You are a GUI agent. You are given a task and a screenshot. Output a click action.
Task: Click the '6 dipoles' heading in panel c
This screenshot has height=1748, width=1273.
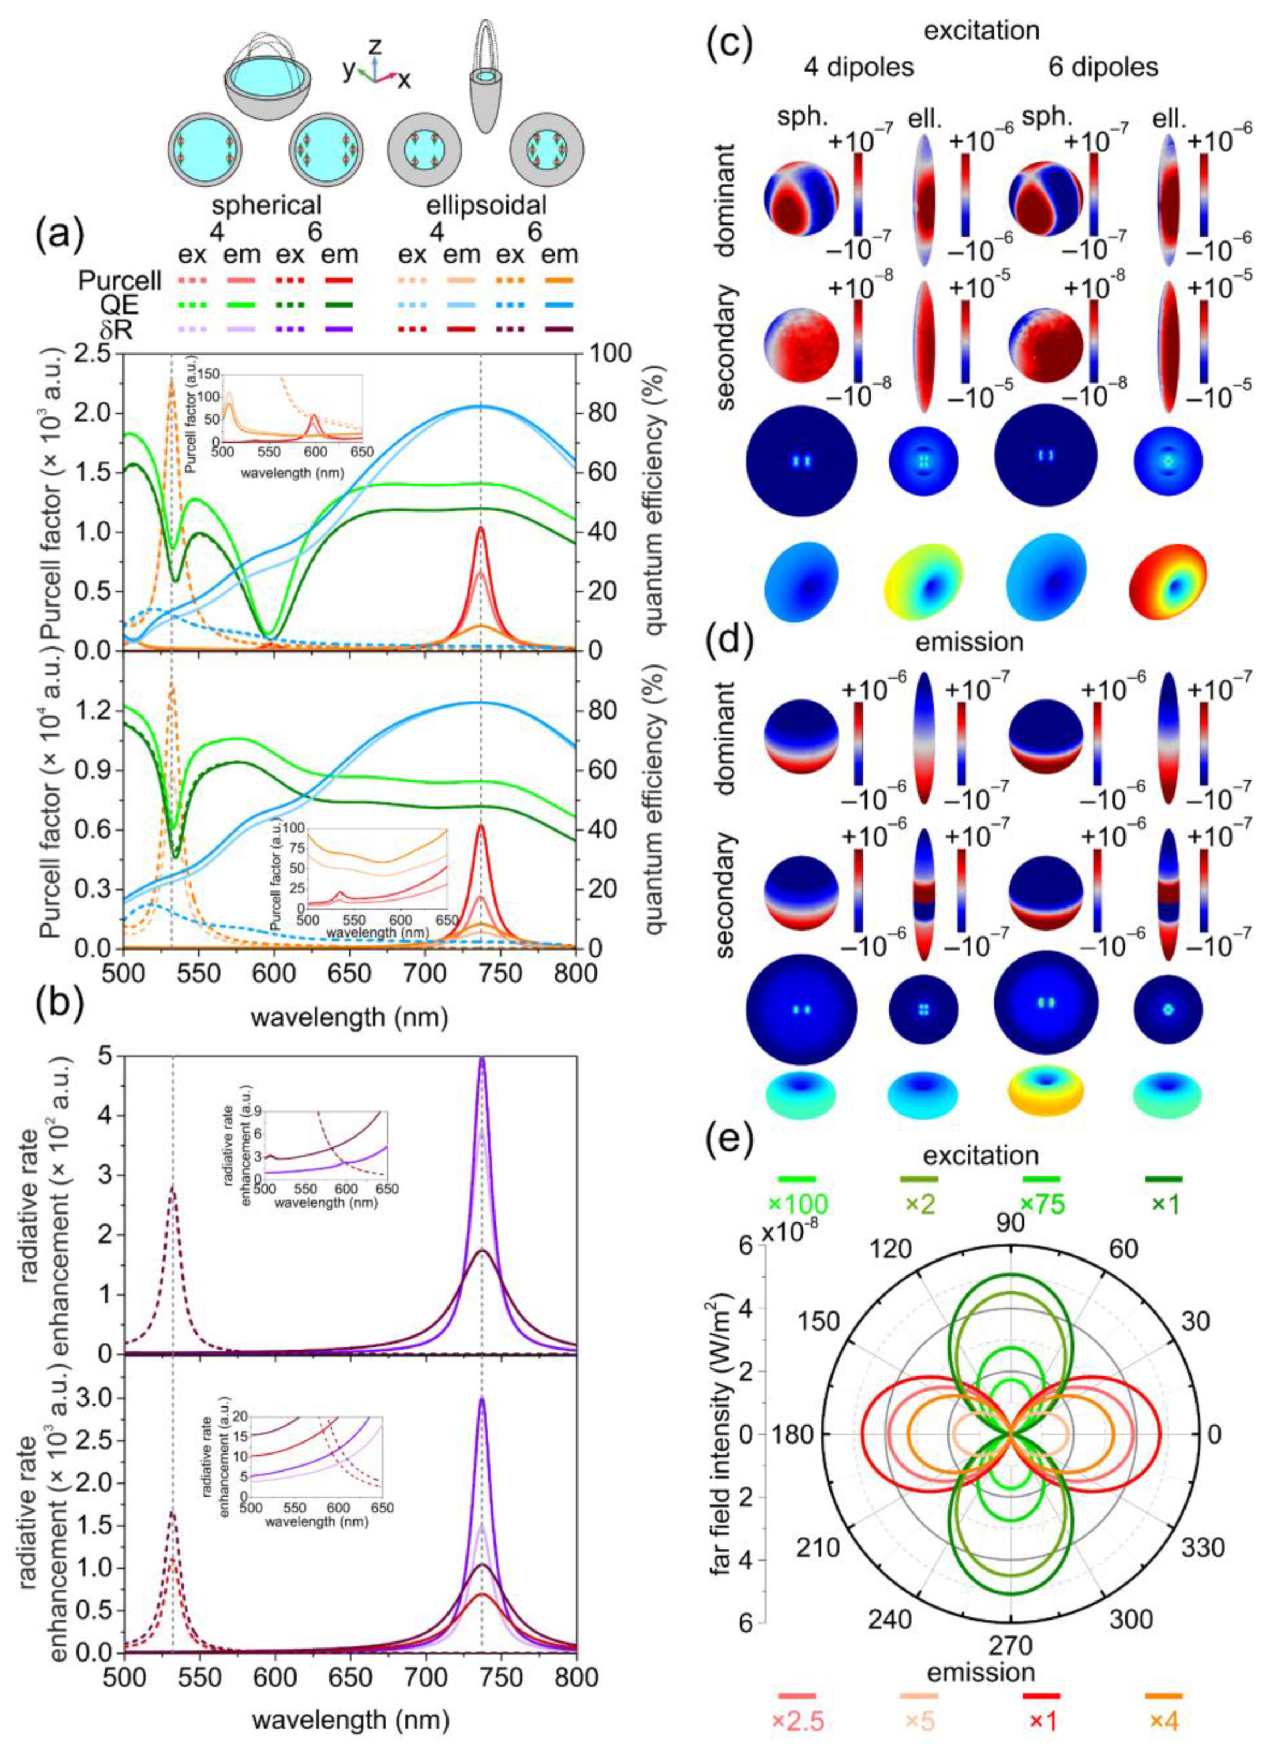(x=1104, y=68)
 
